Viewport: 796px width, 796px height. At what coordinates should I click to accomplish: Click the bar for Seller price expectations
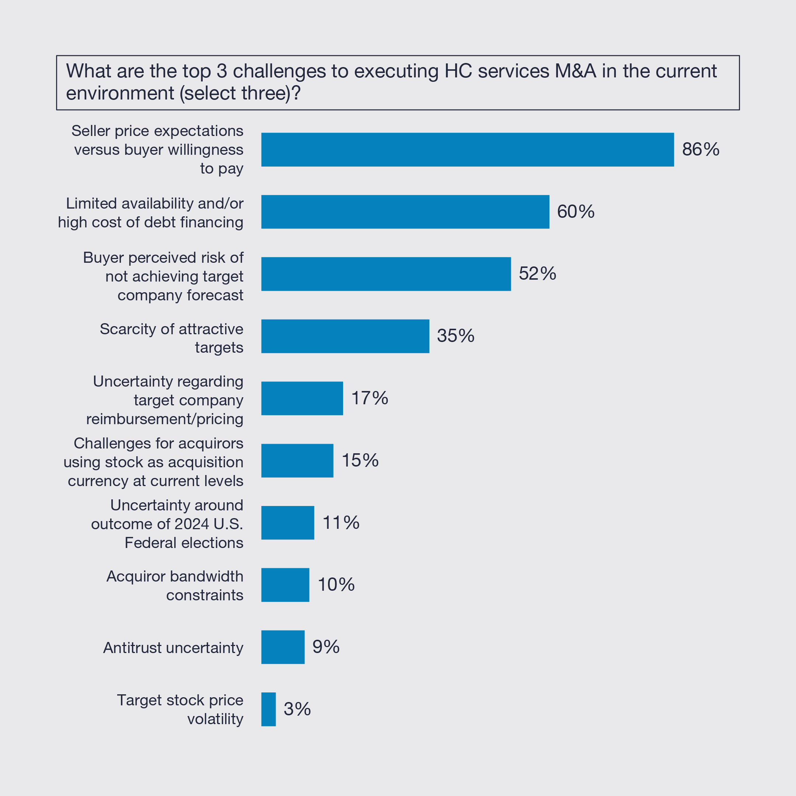467,150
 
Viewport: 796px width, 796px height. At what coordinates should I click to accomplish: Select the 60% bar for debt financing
405,212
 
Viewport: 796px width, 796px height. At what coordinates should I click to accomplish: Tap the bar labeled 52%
386,274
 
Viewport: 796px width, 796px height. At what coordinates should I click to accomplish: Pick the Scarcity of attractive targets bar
345,336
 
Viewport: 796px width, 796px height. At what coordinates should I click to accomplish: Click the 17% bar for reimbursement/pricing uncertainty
302,398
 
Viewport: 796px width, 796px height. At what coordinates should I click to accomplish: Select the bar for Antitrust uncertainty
283,647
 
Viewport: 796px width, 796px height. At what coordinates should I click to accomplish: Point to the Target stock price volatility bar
268,709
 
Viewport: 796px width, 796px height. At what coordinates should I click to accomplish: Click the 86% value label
701,150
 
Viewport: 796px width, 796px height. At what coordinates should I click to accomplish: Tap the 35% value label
456,336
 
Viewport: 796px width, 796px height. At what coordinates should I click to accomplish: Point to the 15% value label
360,460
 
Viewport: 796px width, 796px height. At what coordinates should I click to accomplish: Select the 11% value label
341,523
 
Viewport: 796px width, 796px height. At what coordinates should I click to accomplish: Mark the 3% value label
297,709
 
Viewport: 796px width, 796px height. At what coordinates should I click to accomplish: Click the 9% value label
326,647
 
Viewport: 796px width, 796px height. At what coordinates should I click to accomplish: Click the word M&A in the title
575,71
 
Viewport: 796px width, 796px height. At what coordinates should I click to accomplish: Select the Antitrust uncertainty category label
173,648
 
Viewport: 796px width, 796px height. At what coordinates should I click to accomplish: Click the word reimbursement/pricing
164,419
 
